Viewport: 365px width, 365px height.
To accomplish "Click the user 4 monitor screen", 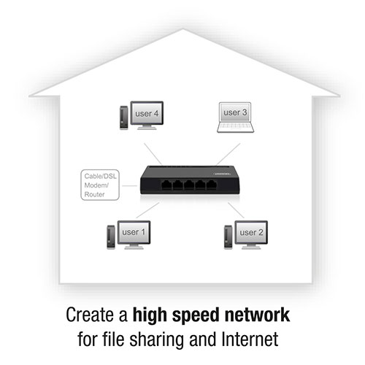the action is coord(147,113).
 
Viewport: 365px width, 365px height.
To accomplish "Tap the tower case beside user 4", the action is coord(124,118).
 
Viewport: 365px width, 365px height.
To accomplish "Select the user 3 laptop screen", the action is coord(235,112).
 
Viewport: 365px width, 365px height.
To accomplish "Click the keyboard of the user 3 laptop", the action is coord(235,127).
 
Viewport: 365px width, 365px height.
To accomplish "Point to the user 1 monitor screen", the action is coord(134,232).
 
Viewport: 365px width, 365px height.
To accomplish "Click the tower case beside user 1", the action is coord(111,237).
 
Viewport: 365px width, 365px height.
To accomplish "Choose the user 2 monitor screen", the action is coord(251,232).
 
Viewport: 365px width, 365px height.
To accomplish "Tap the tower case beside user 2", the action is coord(228,237).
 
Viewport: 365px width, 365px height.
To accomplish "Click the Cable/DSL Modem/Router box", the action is coord(100,185).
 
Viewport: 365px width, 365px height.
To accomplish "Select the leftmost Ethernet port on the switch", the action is coord(166,185).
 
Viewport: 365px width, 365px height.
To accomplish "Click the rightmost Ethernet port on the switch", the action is coord(212,185).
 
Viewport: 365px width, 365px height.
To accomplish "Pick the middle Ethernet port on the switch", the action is coord(189,185).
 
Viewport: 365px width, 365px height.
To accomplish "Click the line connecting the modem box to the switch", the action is coord(130,186).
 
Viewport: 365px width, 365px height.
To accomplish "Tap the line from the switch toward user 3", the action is coord(228,154).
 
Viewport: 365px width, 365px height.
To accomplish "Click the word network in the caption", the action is coord(258,315).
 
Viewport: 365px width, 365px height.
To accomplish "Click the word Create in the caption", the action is coord(91,315).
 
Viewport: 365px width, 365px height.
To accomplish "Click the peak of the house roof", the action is coord(182,29).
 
